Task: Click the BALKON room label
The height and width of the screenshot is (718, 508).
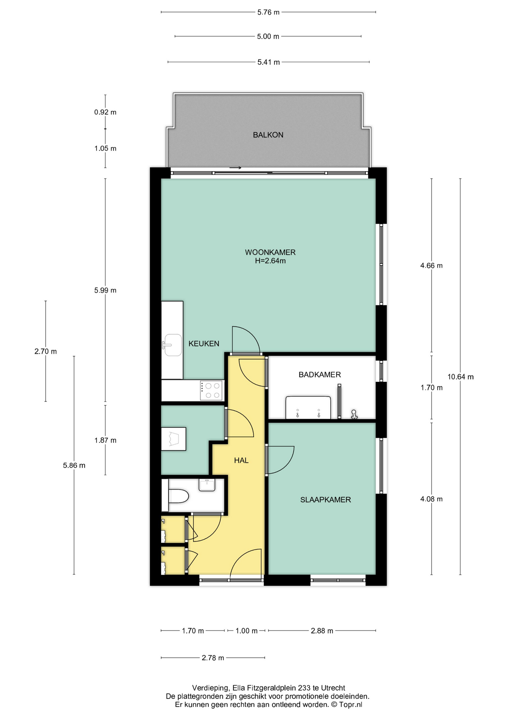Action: [268, 135]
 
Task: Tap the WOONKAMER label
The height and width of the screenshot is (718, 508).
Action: [270, 252]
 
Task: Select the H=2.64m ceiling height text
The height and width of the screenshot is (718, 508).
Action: [270, 261]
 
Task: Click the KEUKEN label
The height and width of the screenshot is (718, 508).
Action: [204, 344]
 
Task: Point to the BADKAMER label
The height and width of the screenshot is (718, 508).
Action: [319, 375]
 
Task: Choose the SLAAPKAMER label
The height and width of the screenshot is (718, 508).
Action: [325, 500]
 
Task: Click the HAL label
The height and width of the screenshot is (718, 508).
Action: [241, 461]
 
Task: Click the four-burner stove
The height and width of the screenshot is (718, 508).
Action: [212, 391]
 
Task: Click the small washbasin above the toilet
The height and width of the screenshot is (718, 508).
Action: [207, 485]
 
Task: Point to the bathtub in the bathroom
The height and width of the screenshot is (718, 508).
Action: [308, 408]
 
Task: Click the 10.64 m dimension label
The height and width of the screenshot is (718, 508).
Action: [460, 377]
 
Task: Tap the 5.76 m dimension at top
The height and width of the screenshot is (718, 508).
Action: [268, 12]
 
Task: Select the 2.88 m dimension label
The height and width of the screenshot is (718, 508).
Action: [322, 631]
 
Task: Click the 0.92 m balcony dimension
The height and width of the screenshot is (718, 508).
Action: [105, 112]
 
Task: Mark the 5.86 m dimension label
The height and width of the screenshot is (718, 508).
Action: [74, 466]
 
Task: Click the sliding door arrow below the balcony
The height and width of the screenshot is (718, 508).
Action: [236, 168]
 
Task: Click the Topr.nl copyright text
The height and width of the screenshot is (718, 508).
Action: [350, 705]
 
